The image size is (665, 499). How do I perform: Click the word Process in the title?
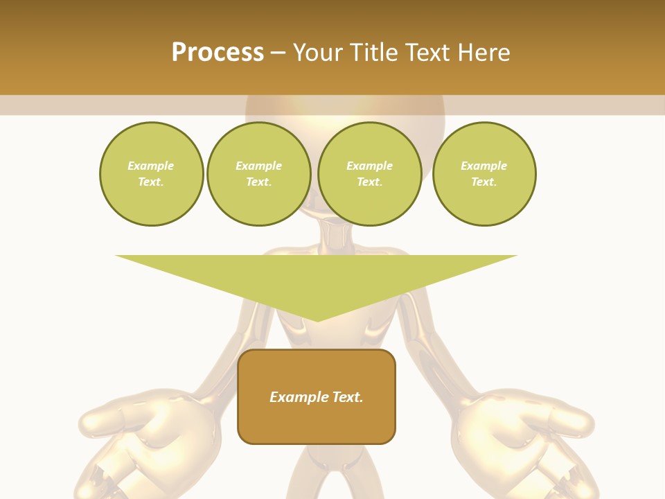pyautogui.click(x=218, y=53)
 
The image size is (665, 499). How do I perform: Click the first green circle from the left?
pyautogui.click(x=151, y=174)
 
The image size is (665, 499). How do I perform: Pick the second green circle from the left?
pyautogui.click(x=258, y=174)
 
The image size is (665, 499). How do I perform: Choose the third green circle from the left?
pyautogui.click(x=369, y=174)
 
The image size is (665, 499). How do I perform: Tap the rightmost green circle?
pyautogui.click(x=484, y=174)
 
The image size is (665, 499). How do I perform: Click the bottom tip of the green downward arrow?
pyautogui.click(x=317, y=319)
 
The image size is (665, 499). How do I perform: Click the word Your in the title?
pyautogui.click(x=317, y=53)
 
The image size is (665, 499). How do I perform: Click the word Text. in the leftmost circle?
pyautogui.click(x=151, y=182)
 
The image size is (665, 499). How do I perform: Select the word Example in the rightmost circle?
pyautogui.click(x=484, y=166)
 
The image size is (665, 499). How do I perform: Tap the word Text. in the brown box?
pyautogui.click(x=347, y=397)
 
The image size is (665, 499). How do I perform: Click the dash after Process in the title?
pyautogui.click(x=278, y=53)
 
